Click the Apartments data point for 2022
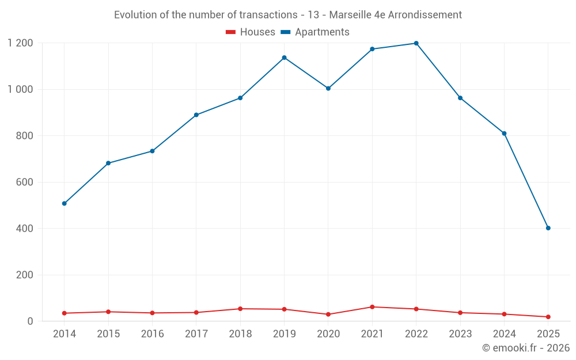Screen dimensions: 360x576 click(x=416, y=43)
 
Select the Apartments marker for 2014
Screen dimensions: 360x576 click(x=64, y=203)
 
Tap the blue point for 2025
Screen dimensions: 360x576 click(x=548, y=228)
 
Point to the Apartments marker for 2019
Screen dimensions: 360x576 click(x=284, y=58)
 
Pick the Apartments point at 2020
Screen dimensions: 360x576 click(x=328, y=88)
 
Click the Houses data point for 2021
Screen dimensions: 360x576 click(x=372, y=307)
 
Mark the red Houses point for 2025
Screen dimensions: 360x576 click(x=548, y=317)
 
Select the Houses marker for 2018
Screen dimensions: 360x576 click(x=240, y=309)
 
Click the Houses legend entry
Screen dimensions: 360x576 click(x=251, y=32)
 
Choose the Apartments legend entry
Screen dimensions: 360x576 click(x=315, y=32)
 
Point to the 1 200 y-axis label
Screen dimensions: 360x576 click(x=20, y=43)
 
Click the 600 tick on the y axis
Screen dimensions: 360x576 click(x=24, y=182)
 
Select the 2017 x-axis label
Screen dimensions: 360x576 click(x=196, y=334)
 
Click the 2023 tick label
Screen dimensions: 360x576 click(x=460, y=334)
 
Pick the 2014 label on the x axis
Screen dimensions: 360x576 click(x=64, y=334)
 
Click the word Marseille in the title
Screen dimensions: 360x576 click(x=350, y=15)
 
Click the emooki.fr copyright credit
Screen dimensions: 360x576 click(x=526, y=348)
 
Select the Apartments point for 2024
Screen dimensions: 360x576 click(x=504, y=134)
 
